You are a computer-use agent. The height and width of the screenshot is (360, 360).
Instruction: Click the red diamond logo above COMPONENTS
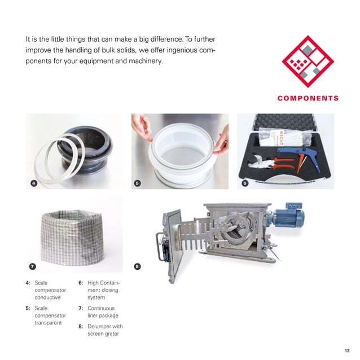(308, 62)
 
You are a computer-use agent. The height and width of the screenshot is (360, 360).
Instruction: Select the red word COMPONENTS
(308, 98)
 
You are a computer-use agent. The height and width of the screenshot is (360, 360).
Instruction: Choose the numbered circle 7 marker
(32, 266)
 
